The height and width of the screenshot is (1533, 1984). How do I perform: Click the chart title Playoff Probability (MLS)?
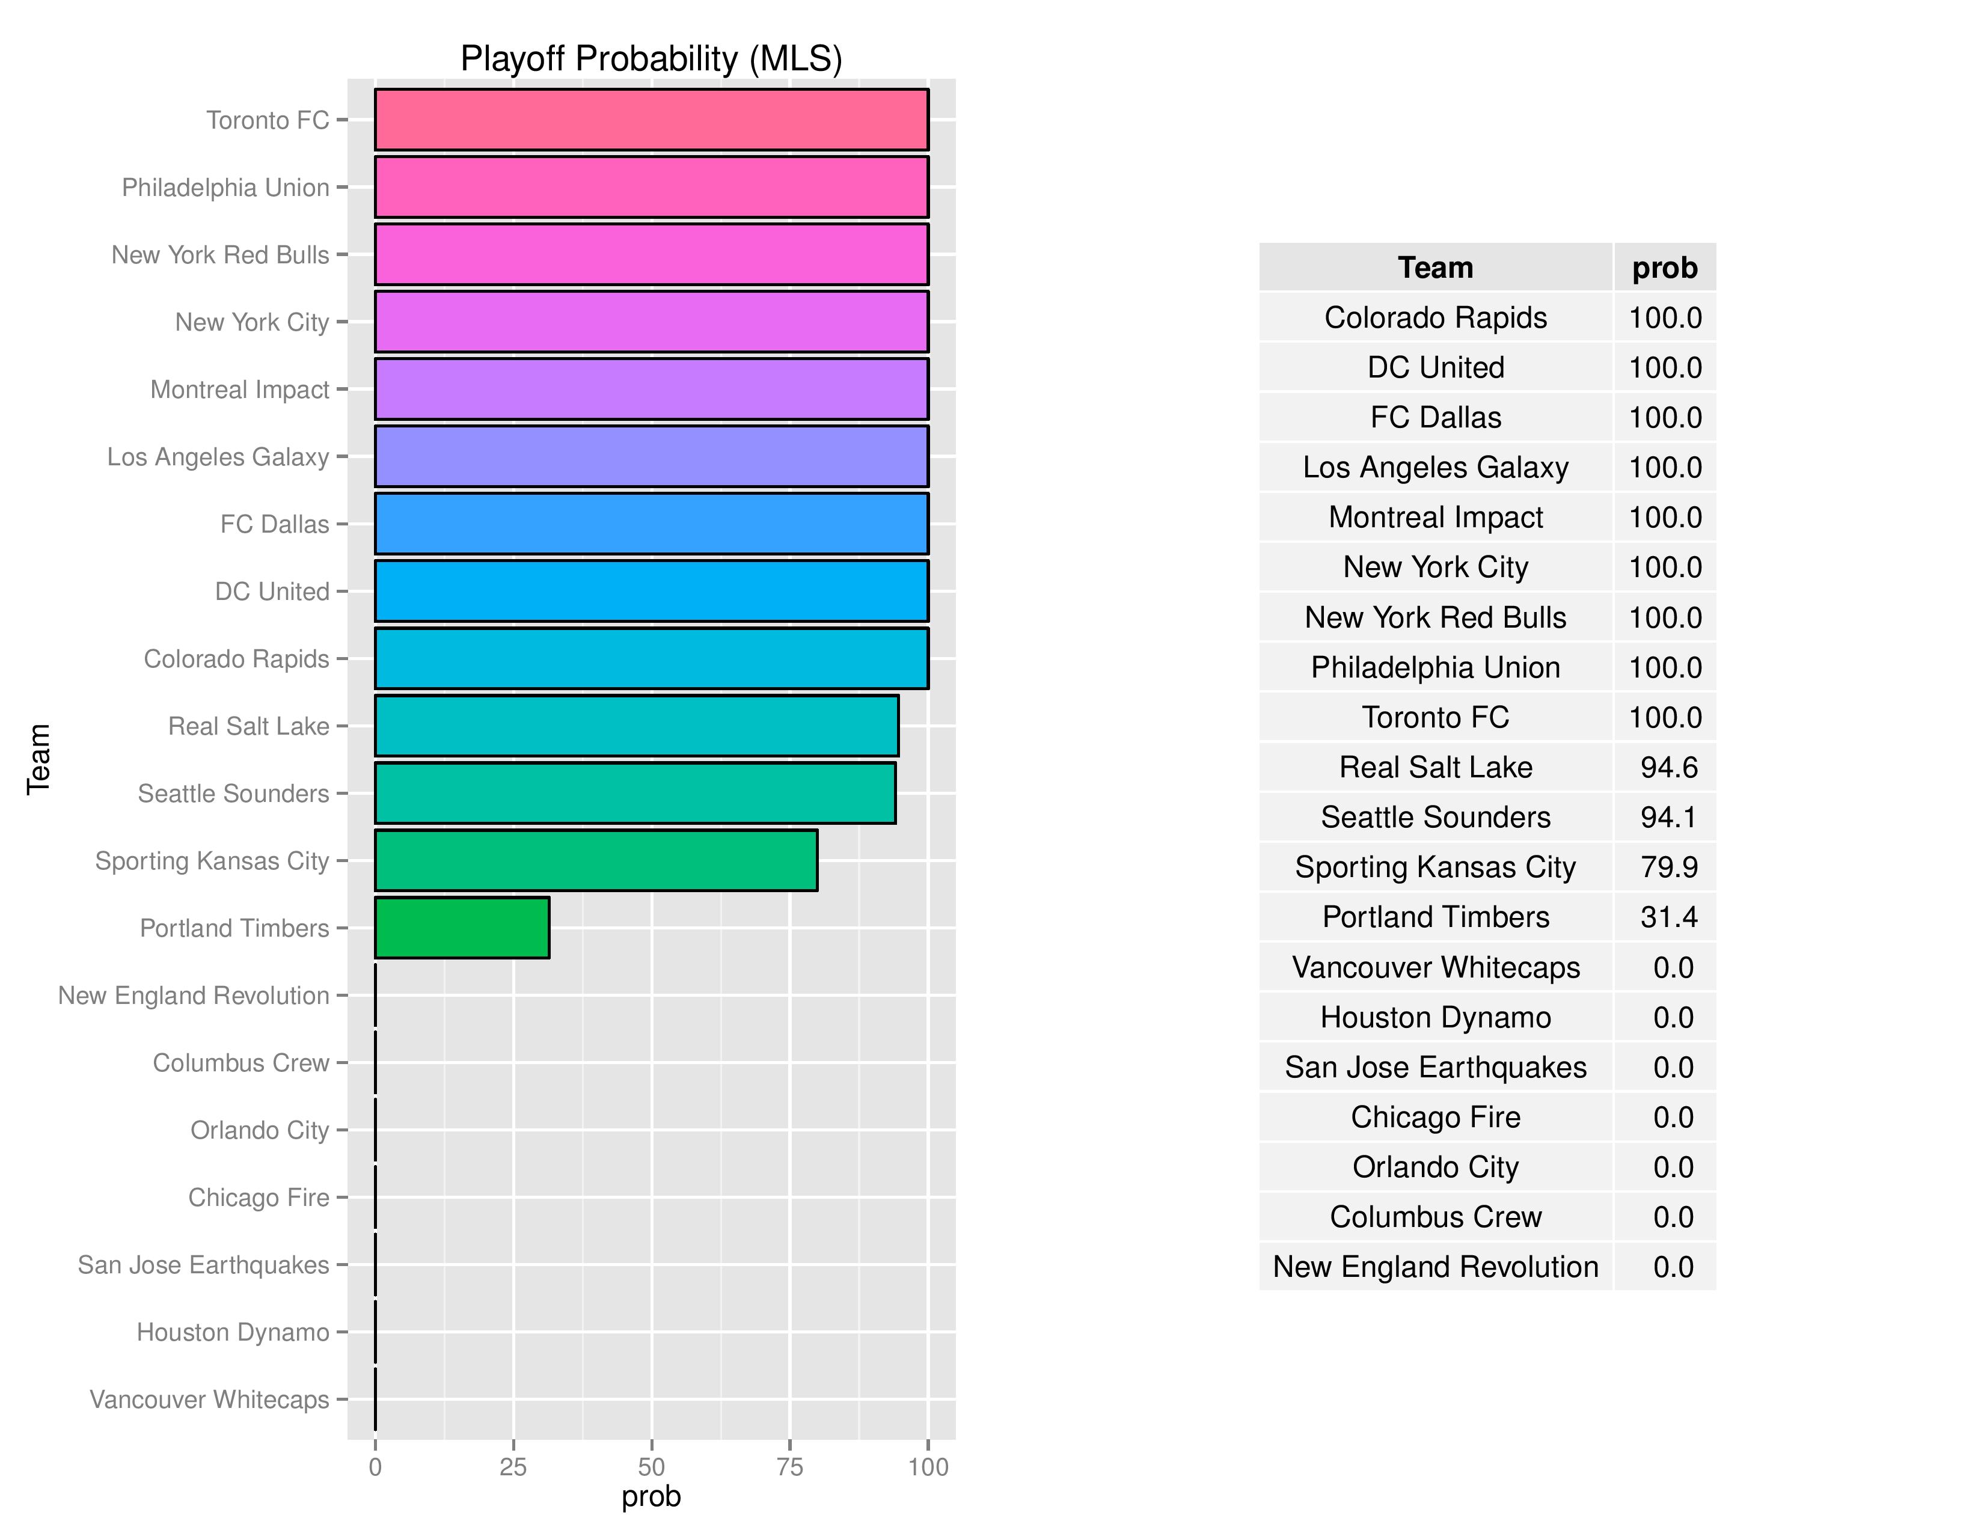coord(651,59)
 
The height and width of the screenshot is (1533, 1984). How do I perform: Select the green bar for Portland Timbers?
coord(462,927)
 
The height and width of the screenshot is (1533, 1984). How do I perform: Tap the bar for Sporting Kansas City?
coord(596,860)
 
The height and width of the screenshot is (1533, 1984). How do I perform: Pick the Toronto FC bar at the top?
coord(651,119)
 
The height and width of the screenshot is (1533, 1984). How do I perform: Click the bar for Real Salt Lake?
coord(636,726)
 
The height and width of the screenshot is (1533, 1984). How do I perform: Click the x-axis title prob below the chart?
coord(651,1497)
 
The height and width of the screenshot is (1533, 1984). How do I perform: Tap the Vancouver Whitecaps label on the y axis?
coord(209,1400)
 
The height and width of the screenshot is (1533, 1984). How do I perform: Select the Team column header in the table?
coord(1435,268)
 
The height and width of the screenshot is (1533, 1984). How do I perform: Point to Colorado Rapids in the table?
coord(1435,318)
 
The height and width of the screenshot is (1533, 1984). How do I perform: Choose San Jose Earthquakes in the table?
coord(1435,1067)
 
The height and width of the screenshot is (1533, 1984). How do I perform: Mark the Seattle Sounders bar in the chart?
coord(635,793)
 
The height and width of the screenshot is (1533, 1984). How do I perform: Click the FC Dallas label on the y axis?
coord(274,524)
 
